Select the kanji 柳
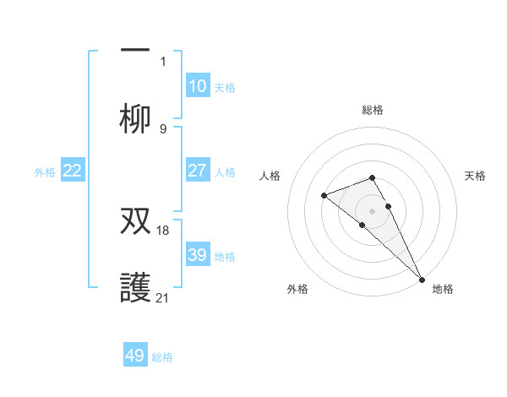point(135,120)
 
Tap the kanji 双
point(135,220)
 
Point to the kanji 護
point(135,288)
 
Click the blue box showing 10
point(197,86)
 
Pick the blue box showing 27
point(197,171)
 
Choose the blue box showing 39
point(197,255)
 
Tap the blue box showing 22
point(73,171)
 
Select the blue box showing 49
point(135,356)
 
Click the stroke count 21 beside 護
point(164,297)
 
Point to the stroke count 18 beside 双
point(164,230)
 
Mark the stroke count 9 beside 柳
point(163,128)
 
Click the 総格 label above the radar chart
point(373,110)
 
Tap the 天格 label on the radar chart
point(476,176)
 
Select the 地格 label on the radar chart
point(443,289)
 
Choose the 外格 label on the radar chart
point(297,289)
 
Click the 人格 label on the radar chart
point(271,176)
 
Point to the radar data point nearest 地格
point(422,278)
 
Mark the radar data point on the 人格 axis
point(324,196)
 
